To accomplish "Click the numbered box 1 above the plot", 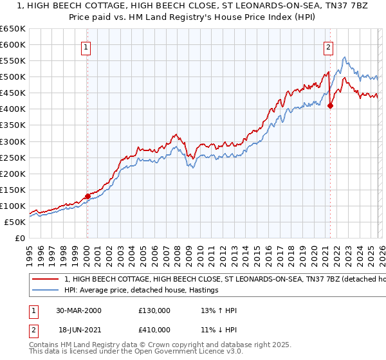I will pos(86,46).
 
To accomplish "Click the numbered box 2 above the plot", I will pos(328,46).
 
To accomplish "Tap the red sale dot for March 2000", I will pos(88,196).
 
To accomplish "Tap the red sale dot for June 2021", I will pos(330,106).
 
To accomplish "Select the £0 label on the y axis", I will pos(19,238).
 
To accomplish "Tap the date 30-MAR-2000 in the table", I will pos(78,310).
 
